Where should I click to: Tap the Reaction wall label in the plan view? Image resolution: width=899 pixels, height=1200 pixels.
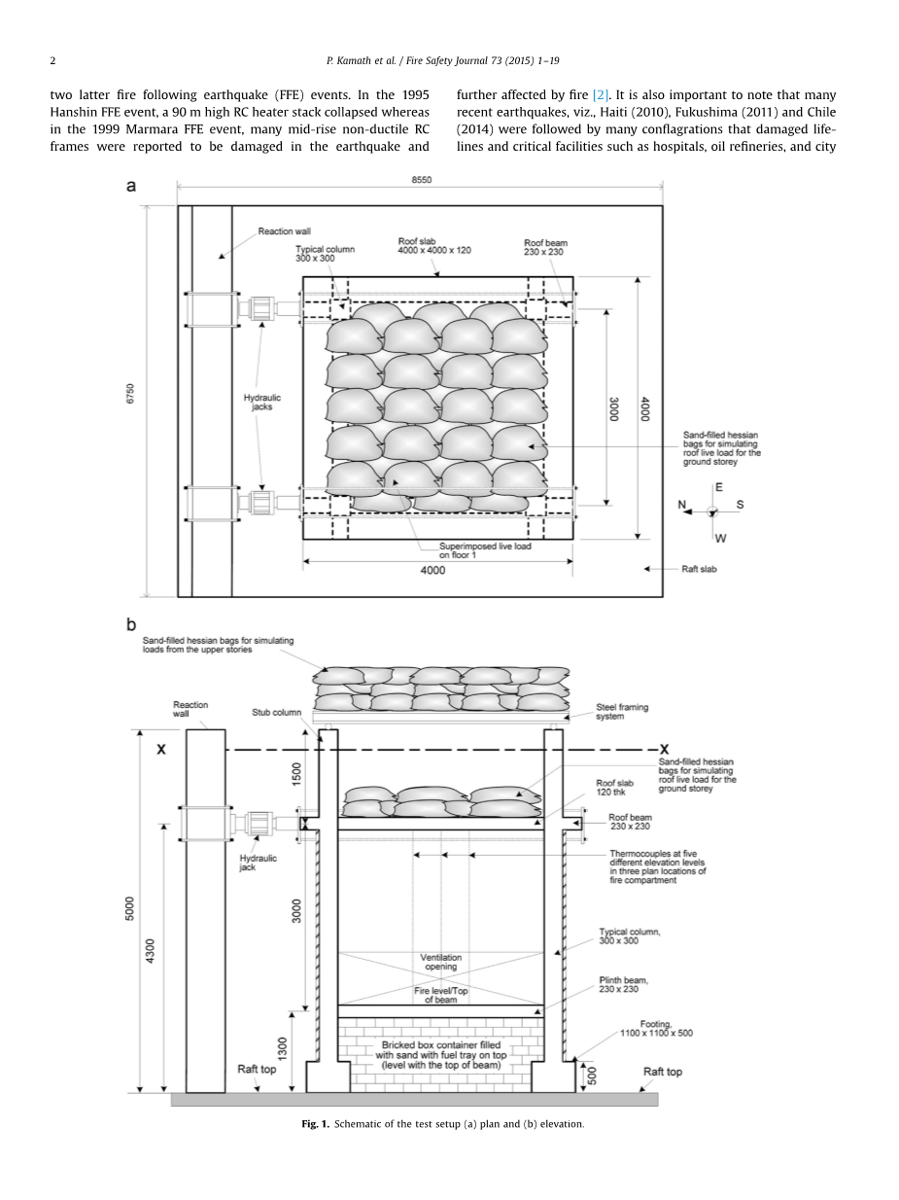284,231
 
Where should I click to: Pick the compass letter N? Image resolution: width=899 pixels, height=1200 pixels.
682,505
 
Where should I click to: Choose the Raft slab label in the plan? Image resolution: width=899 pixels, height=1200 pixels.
698,569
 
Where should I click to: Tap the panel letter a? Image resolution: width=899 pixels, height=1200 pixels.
131,186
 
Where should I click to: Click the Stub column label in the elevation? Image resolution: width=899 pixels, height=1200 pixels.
277,712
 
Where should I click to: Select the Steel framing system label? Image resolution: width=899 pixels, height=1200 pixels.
622,712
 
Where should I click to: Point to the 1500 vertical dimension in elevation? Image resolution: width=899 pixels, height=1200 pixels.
297,774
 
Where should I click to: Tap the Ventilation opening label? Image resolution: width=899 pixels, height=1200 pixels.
441,963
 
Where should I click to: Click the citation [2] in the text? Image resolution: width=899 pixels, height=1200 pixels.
602,95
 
